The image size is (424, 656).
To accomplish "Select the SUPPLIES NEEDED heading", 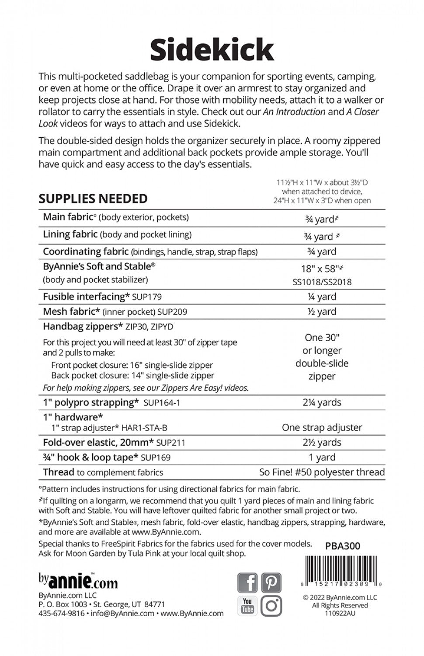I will (x=93, y=199).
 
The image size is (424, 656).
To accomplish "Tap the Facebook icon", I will (x=247, y=583).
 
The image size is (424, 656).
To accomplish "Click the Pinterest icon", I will (x=271, y=583).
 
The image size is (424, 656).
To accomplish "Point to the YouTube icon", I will (x=247, y=606).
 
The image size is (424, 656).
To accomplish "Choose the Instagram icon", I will (x=271, y=606).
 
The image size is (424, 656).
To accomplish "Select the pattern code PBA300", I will (x=343, y=546).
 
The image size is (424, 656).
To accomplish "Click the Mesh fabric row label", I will (x=69, y=311).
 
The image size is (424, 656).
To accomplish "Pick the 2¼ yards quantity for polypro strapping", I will (x=322, y=402).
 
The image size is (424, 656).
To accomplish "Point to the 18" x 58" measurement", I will (x=322, y=269).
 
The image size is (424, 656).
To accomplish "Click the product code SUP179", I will (x=147, y=297).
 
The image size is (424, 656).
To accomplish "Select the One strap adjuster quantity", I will (x=322, y=427).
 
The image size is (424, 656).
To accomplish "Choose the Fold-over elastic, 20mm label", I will (x=98, y=443).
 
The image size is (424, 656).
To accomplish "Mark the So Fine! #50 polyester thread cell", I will (x=322, y=472).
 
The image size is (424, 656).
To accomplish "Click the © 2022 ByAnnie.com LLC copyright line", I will (x=340, y=597).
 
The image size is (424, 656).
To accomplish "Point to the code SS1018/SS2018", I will (x=322, y=282).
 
